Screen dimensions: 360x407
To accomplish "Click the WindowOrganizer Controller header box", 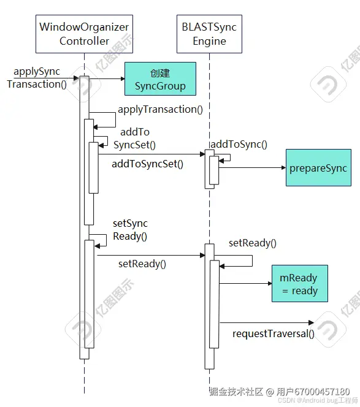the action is (x=84, y=34).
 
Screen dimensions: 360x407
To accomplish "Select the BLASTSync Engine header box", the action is (x=209, y=34).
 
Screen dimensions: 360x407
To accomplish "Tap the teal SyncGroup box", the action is (x=160, y=78).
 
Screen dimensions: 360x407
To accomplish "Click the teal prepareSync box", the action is (x=318, y=168).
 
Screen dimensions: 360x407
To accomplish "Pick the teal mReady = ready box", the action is (x=300, y=283).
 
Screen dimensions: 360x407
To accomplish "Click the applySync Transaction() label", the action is (x=37, y=78).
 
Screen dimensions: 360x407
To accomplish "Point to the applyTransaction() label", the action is (x=160, y=109).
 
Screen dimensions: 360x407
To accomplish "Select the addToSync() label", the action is (x=239, y=144).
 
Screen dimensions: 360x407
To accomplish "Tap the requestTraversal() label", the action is (x=274, y=333).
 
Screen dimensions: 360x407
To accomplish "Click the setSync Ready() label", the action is (x=130, y=230).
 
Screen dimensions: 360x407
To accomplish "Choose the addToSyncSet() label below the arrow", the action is (x=148, y=164).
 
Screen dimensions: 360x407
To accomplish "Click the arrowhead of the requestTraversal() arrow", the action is (x=311, y=322).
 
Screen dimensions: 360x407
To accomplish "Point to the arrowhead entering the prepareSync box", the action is (x=283, y=168).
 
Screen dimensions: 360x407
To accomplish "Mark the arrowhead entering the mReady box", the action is (x=270, y=283).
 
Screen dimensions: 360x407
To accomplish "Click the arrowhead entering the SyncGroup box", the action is (x=123, y=78).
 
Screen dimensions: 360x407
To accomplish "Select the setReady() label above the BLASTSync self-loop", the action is (x=253, y=243).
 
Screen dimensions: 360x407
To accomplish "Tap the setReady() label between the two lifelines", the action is (x=142, y=264).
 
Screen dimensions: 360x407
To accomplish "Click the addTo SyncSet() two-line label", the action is (x=134, y=139).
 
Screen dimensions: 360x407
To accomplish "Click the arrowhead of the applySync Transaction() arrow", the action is (x=77, y=78).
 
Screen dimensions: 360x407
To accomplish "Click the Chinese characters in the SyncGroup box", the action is (x=160, y=73).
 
